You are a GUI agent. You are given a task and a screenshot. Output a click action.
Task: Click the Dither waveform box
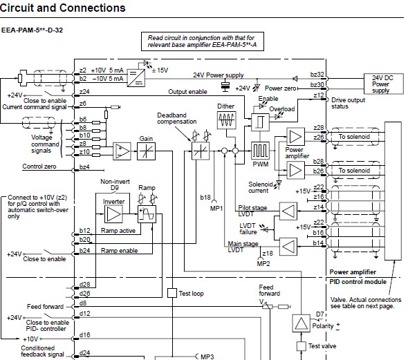[x=226, y=120]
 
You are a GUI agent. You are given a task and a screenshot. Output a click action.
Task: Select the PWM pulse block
[x=260, y=151]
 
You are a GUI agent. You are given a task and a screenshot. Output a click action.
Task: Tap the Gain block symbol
[x=146, y=151]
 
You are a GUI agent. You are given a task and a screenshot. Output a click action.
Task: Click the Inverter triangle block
[x=113, y=214]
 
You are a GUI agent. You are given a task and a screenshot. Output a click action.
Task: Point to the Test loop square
[x=172, y=293]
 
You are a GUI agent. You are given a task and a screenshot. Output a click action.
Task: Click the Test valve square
[x=301, y=346]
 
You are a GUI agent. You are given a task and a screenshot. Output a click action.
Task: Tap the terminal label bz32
[x=317, y=75]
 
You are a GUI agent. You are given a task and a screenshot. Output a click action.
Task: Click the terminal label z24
[x=84, y=91]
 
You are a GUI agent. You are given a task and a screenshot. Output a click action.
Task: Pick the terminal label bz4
[x=84, y=167]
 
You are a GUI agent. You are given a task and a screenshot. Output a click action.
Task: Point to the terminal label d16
[x=84, y=335]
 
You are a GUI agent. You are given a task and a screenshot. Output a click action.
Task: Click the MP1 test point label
[x=216, y=208]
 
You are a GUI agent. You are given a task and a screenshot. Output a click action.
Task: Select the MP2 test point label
[x=263, y=263]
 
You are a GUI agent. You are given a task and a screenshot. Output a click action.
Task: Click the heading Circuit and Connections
[x=63, y=8]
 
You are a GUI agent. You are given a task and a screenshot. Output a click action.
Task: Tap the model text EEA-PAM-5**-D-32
[x=32, y=30]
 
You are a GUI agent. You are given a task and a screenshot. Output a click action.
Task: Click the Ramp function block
[x=147, y=214]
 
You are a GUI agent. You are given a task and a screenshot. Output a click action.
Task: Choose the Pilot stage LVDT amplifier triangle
[x=288, y=211]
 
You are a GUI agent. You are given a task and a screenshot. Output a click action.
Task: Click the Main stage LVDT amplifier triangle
[x=288, y=247]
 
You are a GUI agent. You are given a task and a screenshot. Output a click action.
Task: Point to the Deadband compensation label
[x=176, y=118]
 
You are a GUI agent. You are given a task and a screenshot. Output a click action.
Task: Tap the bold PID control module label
[x=358, y=282]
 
